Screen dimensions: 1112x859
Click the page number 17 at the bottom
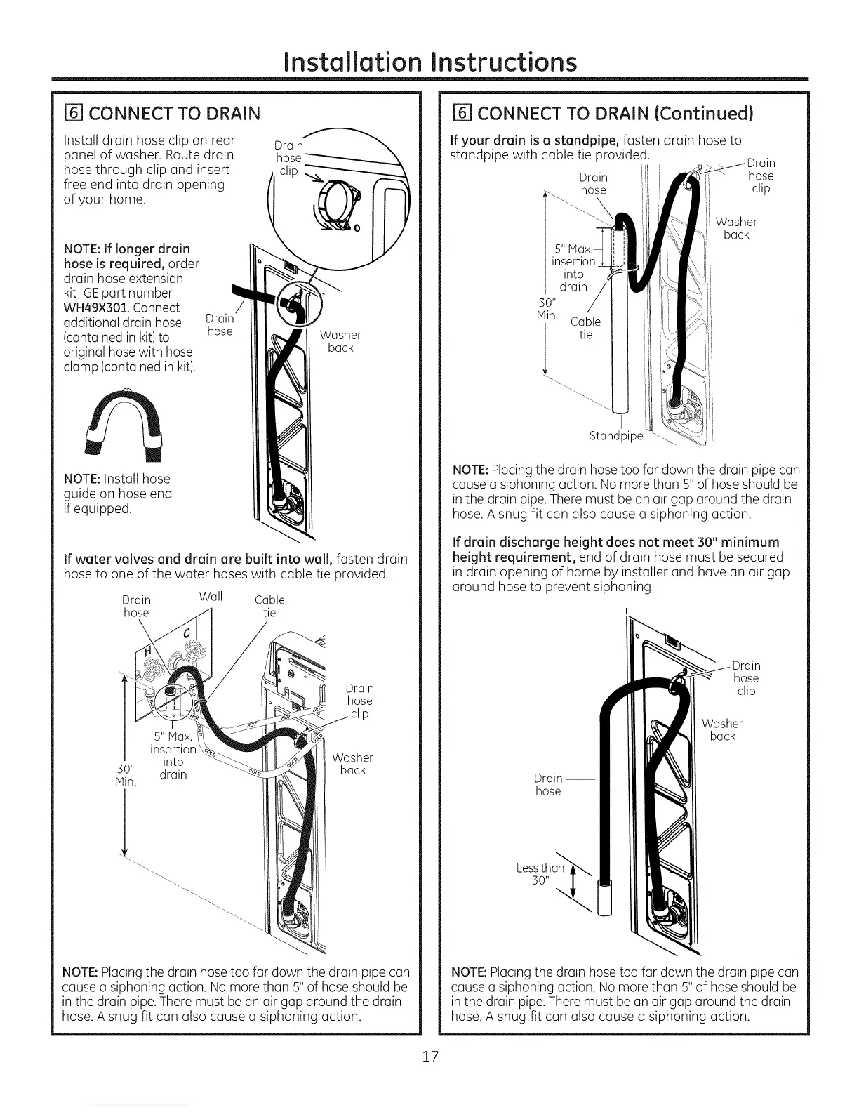429,1057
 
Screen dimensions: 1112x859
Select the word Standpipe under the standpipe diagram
615,436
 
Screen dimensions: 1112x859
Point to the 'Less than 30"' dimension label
540,875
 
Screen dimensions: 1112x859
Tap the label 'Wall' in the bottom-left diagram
211,597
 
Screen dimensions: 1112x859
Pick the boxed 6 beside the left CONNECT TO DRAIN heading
70,113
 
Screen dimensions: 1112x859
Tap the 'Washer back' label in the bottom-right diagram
722,729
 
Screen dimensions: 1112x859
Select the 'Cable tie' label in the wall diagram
269,606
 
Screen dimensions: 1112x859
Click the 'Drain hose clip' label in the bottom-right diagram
746,678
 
